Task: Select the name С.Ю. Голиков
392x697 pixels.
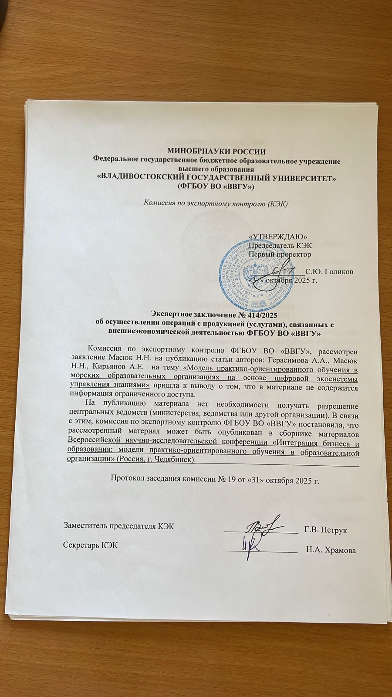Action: tap(330, 272)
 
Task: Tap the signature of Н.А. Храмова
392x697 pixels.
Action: tap(252, 543)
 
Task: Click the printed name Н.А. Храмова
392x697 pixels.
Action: tap(331, 550)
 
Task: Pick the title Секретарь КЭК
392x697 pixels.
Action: tap(90, 545)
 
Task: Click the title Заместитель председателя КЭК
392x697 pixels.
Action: tap(119, 526)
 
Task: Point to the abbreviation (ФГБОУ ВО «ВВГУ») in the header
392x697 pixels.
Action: tap(216, 186)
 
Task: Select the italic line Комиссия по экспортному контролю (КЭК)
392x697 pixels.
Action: tap(216, 204)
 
